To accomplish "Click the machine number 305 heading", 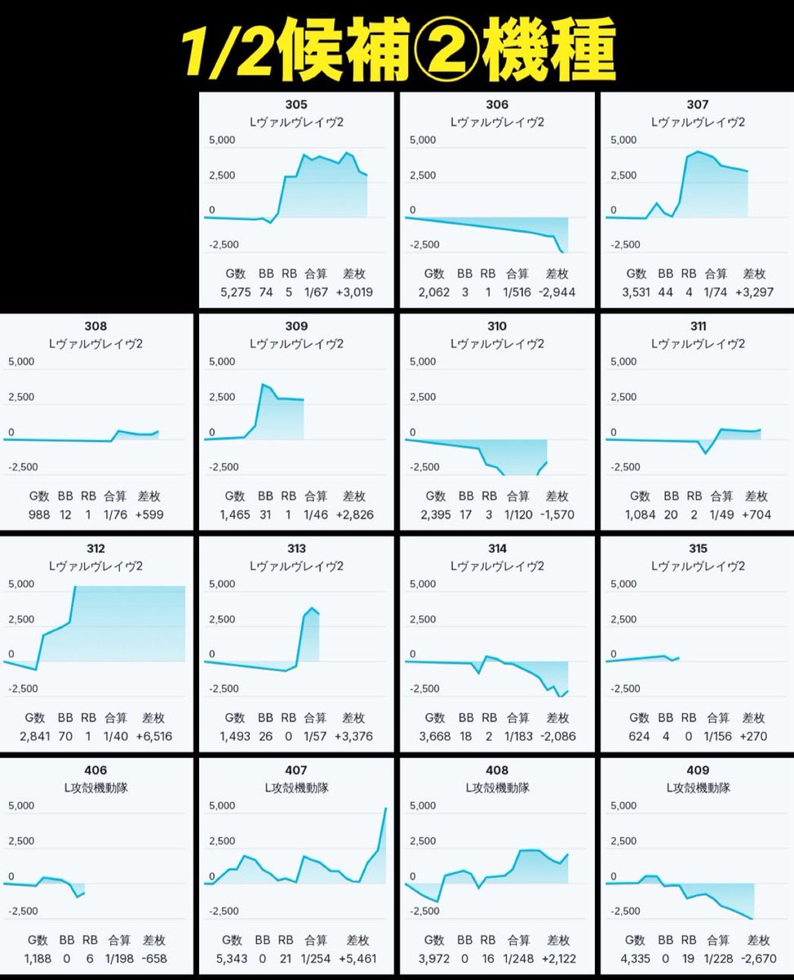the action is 296,105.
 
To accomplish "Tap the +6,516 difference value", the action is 154,736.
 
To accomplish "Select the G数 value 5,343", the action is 232,959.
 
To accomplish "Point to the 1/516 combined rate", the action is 517,292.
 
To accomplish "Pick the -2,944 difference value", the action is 557,292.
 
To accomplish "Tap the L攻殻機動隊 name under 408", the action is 497,788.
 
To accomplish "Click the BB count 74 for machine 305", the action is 266,292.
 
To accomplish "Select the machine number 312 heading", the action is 95,549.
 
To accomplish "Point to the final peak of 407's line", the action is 385,808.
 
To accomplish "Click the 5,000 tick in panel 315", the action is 623,584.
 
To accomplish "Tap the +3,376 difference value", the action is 353,736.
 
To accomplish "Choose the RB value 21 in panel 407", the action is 286,959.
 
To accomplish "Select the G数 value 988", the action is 39,514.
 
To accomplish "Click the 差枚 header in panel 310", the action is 557,496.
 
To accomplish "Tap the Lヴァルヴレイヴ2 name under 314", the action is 497,566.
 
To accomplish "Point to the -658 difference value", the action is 154,959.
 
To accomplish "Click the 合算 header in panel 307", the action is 716,274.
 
